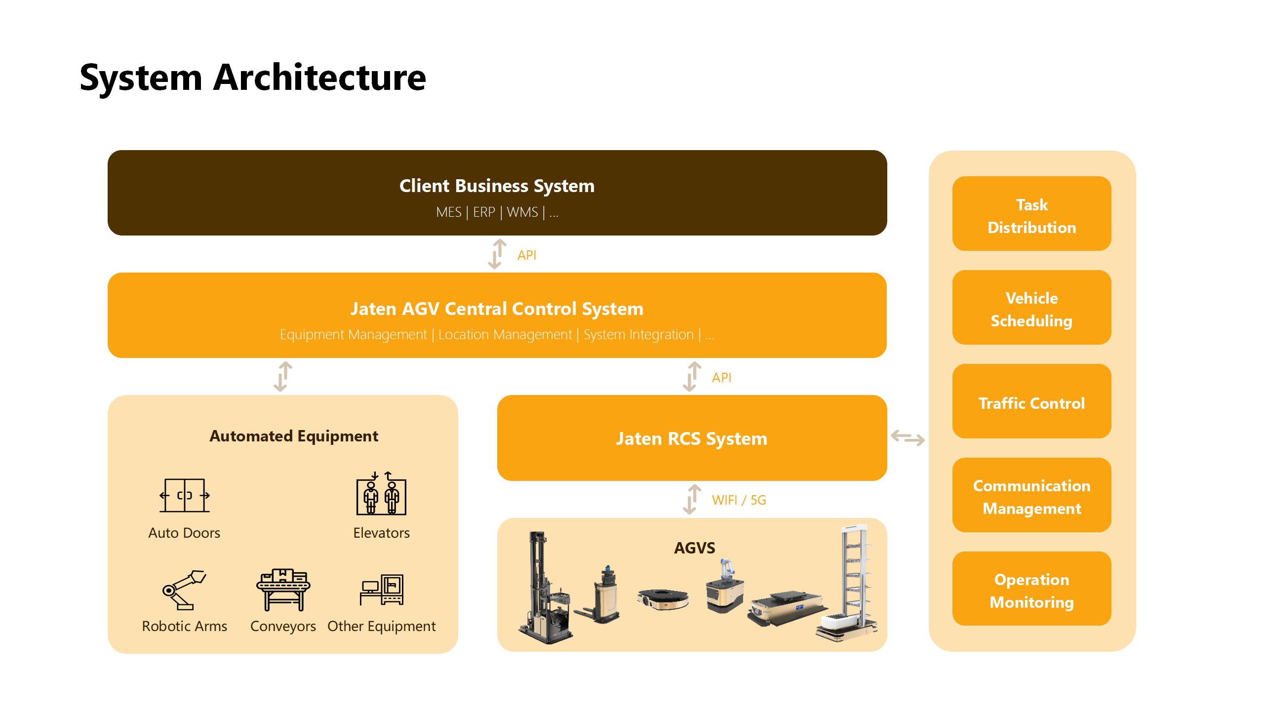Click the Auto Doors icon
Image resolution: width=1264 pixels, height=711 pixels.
pos(185,495)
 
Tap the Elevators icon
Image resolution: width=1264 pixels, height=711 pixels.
pos(381,494)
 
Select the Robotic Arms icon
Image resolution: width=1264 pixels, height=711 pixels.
pos(184,590)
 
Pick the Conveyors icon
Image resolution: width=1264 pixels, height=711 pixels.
pos(283,590)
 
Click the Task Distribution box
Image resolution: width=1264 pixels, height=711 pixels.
pos(1031,214)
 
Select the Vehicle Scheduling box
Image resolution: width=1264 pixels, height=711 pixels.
pos(1031,308)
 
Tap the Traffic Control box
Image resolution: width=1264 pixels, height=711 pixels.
pos(1031,401)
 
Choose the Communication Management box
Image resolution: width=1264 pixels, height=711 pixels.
pos(1031,495)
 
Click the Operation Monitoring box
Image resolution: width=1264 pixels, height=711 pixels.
pos(1031,589)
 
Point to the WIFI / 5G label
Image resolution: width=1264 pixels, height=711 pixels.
pos(739,500)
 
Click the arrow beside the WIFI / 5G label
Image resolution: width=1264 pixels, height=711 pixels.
pos(692,500)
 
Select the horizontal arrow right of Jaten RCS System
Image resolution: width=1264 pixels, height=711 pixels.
pos(908,438)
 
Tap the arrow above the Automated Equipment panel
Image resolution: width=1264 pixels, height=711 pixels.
pos(283,377)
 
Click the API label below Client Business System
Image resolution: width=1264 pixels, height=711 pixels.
pos(527,255)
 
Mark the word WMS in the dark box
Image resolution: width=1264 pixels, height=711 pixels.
pos(522,212)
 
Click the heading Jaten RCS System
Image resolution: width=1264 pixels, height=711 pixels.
pos(691,438)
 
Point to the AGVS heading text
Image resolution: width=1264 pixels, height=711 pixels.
pos(694,548)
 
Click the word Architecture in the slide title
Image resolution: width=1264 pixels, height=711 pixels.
pos(319,78)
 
